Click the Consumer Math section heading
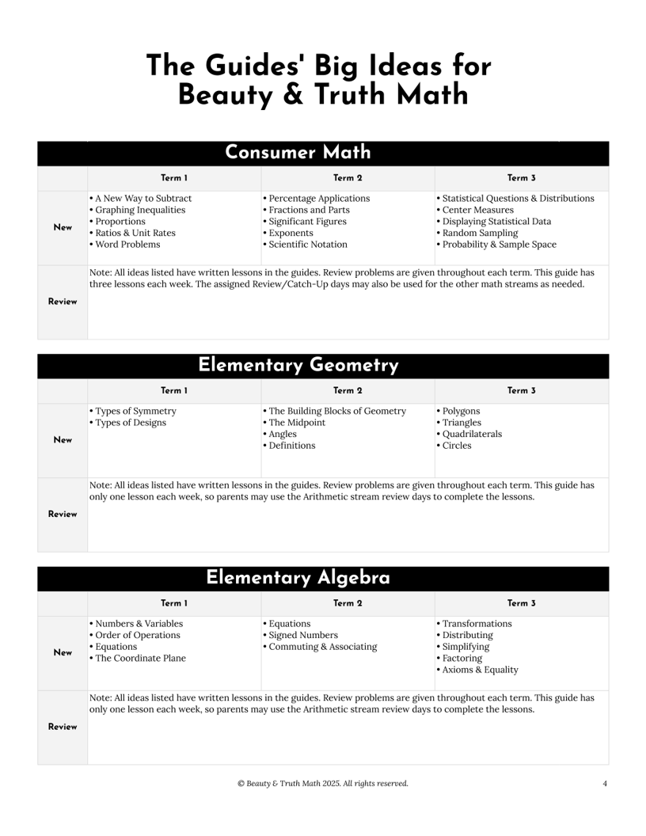[298, 152]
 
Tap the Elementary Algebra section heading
[298, 578]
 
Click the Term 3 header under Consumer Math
[522, 178]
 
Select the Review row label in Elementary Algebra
[63, 727]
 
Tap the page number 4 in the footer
[605, 784]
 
